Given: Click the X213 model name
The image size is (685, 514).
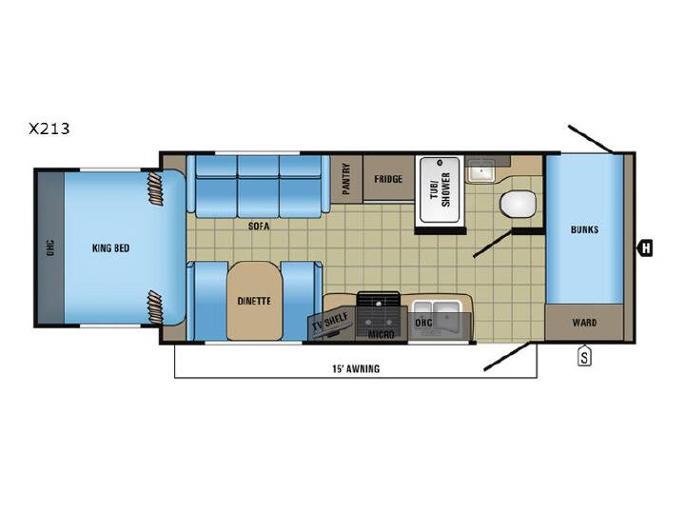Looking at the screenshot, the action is pos(49,128).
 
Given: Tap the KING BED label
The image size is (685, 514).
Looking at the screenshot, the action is pos(110,248).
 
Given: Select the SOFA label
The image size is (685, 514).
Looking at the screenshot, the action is pos(259,226).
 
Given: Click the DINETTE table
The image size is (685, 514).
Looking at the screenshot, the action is pos(254,301).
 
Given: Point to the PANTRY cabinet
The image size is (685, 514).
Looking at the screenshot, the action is pos(346,179).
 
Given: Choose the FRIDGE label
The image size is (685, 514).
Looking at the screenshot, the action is pos(388,179).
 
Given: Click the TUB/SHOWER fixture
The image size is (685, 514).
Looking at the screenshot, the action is pos(440,190).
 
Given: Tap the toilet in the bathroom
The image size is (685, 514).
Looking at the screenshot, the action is pos(518,204).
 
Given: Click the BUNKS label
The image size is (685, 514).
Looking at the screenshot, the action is pos(584,229).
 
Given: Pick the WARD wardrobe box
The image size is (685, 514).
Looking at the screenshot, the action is pos(584,323).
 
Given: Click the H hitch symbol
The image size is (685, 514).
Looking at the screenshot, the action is pos(646,248).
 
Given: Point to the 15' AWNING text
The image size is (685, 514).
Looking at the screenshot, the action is pos(356,369).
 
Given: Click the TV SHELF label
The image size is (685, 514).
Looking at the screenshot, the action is pos(330,322).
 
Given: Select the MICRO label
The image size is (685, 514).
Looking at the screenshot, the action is pos(381,335).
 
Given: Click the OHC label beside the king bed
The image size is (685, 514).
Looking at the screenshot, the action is pos(50,247).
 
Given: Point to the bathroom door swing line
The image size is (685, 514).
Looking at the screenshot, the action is pos(493,244).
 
